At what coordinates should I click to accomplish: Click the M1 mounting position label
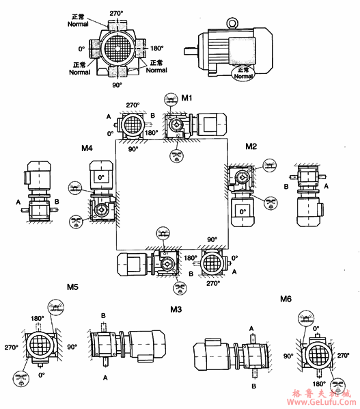(186, 99)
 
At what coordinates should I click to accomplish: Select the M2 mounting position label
(251, 146)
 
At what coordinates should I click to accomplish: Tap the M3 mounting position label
(176, 310)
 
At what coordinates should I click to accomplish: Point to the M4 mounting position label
(87, 148)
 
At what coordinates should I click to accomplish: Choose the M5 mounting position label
(72, 287)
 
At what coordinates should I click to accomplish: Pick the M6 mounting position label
(286, 299)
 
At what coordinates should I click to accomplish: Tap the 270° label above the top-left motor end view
(117, 13)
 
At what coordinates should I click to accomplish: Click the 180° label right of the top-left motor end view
(156, 49)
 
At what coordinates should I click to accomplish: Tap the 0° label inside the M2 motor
(241, 213)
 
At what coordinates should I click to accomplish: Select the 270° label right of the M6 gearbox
(343, 356)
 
